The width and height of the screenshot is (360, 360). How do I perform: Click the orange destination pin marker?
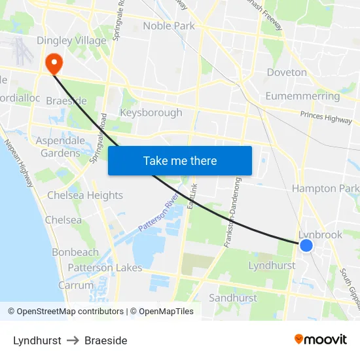pyautogui.click(x=52, y=63)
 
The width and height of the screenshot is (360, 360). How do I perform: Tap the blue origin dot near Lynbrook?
pyautogui.click(x=306, y=245)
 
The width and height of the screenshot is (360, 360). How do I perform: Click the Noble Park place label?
pyautogui.click(x=169, y=26)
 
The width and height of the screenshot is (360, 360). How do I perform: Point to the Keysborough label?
pyautogui.click(x=151, y=113)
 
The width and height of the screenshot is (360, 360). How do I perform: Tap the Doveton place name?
pyautogui.click(x=287, y=72)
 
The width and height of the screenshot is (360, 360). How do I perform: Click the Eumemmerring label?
pyautogui.click(x=302, y=96)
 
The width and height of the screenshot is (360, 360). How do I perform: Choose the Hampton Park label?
pyautogui.click(x=325, y=189)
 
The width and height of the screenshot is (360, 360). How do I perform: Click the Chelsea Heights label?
pyautogui.click(x=85, y=195)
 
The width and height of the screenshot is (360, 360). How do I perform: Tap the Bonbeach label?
pyautogui.click(x=75, y=252)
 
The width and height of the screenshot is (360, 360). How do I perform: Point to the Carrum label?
pyautogui.click(x=76, y=285)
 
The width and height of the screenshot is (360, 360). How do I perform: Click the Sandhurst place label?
pyautogui.click(x=233, y=298)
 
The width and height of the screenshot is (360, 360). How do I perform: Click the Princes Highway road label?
pyautogui.click(x=326, y=117)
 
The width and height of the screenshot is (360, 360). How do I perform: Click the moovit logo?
pyautogui.click(x=320, y=339)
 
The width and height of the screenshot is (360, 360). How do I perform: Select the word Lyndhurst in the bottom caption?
pyautogui.click(x=37, y=340)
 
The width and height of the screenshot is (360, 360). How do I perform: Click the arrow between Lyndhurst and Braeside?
pyautogui.click(x=73, y=340)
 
